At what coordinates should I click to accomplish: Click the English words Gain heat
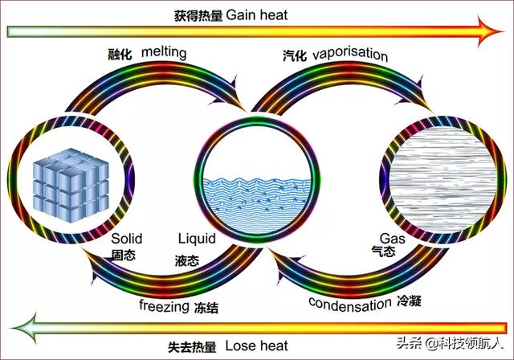tap(257, 14)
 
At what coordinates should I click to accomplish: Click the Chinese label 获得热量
tap(200, 14)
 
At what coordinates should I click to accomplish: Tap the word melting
tap(164, 52)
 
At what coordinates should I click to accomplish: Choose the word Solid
tap(127, 239)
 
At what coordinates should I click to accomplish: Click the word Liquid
tap(196, 239)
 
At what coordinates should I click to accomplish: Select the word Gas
tap(390, 239)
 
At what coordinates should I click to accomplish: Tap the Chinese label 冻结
tap(206, 307)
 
